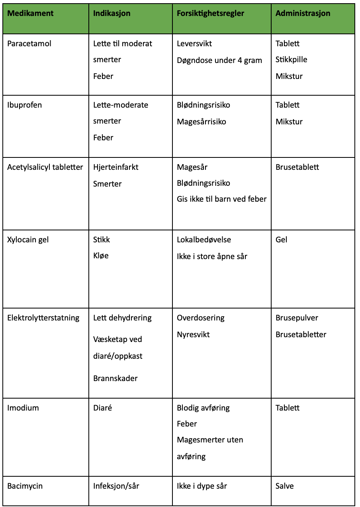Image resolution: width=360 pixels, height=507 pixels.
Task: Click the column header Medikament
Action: point(30,14)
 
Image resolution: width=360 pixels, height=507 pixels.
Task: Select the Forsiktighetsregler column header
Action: point(210,14)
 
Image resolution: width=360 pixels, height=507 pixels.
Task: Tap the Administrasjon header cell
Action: point(303,14)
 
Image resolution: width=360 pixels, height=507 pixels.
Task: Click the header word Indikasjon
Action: point(112,14)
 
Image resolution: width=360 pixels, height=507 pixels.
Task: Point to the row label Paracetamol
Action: point(29,43)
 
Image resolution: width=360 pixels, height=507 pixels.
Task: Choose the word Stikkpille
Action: point(291,60)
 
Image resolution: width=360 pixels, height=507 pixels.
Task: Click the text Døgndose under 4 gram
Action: point(219,60)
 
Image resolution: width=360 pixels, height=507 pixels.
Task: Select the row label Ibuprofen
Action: point(24,105)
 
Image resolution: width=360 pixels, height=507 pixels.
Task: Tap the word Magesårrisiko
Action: point(201,122)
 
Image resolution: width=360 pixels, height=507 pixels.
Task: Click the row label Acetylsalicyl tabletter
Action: point(45,167)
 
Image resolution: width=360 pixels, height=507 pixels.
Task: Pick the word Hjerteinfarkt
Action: point(115,167)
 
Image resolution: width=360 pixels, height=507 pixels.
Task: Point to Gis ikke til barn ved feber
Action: point(221,199)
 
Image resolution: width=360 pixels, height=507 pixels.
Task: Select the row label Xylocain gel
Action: point(28,240)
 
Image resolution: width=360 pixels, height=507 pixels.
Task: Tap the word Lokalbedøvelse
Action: point(204,240)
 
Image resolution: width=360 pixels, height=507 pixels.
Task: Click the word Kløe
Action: point(101,256)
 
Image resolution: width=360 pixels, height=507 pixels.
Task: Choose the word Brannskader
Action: point(115,378)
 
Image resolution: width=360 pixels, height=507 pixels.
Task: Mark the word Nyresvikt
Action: point(193,334)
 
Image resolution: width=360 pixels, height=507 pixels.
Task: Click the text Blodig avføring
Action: point(203,408)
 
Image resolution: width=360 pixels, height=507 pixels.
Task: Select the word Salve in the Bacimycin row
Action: point(284,486)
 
